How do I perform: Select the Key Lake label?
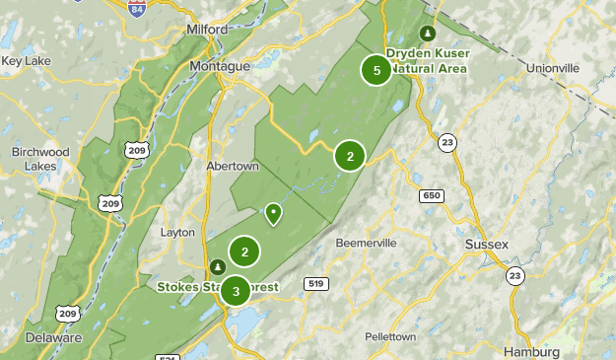[x=26, y=60]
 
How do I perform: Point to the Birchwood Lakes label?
[x=40, y=159]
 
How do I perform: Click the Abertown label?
[x=233, y=166]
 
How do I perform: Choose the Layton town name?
[x=177, y=232]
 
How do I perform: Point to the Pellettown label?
[x=390, y=336]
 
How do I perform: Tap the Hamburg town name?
[x=530, y=352]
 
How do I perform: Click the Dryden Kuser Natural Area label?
[x=426, y=61]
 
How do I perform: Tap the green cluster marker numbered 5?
[x=376, y=70]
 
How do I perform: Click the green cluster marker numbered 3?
[x=236, y=291]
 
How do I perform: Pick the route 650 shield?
[x=431, y=196]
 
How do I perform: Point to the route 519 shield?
[x=316, y=284]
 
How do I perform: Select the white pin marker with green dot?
[x=272, y=212]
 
